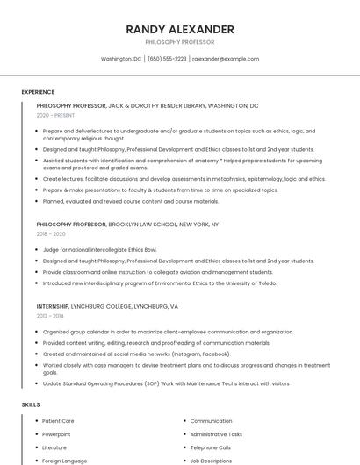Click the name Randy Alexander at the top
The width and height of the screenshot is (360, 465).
[180, 29]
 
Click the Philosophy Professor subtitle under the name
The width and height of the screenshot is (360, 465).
[180, 42]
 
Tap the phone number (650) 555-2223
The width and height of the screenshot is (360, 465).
[167, 59]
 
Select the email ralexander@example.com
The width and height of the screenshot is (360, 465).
[226, 59]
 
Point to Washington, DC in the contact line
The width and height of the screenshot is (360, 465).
[121, 59]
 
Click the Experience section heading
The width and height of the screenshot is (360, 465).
[38, 92]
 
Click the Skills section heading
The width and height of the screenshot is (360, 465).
[31, 404]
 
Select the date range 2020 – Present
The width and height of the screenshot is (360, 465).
[55, 115]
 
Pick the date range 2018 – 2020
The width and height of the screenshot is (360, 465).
[51, 234]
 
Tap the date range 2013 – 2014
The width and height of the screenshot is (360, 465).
[50, 316]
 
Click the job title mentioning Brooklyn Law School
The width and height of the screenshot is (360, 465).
[127, 225]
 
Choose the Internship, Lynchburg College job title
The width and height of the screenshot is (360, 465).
[107, 307]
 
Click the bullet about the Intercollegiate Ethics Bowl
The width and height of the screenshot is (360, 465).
[99, 250]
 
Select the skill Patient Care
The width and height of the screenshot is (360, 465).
[58, 421]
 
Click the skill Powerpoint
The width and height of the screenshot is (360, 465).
[56, 434]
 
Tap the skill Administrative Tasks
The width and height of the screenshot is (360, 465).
[216, 434]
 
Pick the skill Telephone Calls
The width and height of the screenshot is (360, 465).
[211, 447]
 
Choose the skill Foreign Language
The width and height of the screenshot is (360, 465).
[64, 461]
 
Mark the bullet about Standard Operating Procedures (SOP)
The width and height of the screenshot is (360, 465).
[165, 383]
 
